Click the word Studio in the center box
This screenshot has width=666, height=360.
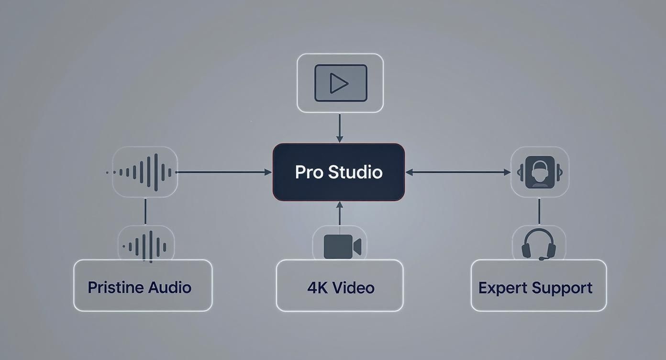355,172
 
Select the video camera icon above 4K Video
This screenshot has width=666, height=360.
342,247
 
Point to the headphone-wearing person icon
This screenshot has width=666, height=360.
540,172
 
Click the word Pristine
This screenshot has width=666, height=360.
116,287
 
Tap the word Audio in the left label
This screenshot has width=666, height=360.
170,287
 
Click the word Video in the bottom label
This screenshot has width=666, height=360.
353,288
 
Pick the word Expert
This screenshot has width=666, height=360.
502,288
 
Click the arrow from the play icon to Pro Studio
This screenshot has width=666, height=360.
340,128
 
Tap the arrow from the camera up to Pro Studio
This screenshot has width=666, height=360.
340,214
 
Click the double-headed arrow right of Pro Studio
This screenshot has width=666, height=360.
458,172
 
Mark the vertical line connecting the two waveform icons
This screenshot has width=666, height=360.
145,211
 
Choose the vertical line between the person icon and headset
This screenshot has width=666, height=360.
539,211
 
